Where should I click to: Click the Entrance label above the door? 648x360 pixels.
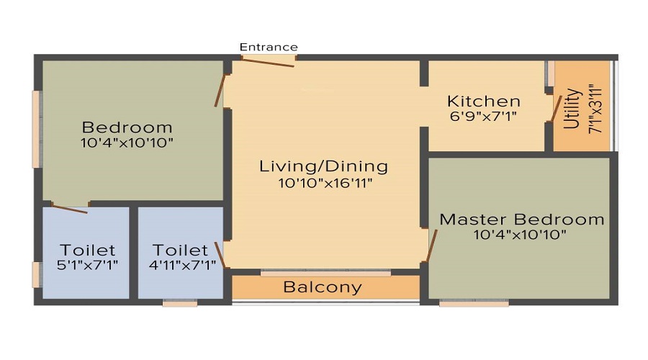[269, 47]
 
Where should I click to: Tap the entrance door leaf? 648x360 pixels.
[267, 62]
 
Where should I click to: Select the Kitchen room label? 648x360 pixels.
[483, 101]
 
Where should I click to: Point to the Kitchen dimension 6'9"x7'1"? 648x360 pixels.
[483, 115]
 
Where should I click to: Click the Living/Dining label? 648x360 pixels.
[323, 166]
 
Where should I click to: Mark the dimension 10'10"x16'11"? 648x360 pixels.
[323, 183]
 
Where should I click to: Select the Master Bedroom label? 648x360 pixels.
[522, 219]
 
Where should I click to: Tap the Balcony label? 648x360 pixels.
[322, 287]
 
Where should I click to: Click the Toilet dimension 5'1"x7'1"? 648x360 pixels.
[88, 264]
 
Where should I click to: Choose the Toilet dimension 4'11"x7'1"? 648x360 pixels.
[180, 264]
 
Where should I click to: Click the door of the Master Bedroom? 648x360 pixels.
[432, 245]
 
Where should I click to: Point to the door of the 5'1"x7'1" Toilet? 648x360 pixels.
[70, 209]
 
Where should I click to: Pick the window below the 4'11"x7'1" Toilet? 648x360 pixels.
[179, 303]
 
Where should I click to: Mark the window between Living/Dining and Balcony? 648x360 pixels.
[325, 273]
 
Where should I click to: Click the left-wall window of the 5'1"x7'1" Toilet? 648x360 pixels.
[36, 274]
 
